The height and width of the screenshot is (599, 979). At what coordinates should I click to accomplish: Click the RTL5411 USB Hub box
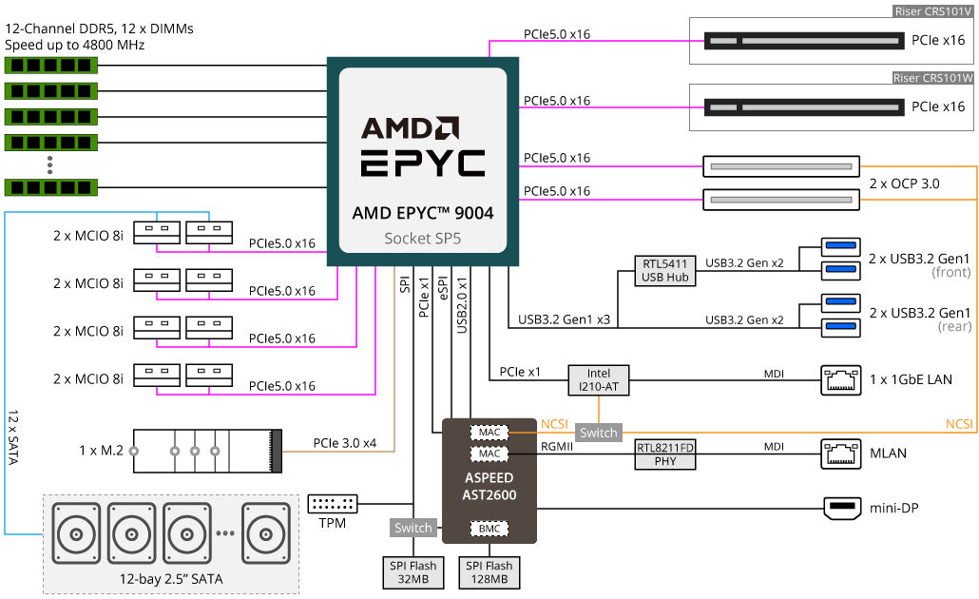[x=665, y=270]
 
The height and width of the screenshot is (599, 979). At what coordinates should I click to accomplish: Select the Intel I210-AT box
[x=599, y=380]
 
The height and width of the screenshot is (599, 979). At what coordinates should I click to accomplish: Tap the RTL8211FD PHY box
[x=665, y=454]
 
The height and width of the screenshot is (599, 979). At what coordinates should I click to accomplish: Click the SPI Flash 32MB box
[x=413, y=572]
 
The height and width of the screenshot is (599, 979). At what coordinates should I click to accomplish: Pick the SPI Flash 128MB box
[x=489, y=572]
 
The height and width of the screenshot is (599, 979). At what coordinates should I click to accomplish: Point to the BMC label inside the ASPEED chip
[x=489, y=528]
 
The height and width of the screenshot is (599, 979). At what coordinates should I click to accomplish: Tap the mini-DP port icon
[x=841, y=509]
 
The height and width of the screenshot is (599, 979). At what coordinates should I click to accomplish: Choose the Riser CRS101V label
[x=932, y=11]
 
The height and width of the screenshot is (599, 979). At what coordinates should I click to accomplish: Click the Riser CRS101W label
[x=932, y=78]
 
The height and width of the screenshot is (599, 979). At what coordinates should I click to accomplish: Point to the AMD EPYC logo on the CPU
[x=422, y=147]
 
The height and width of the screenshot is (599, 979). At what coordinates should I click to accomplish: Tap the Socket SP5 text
[x=422, y=239]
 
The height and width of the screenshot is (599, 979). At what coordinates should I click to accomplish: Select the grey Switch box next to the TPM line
[x=413, y=528]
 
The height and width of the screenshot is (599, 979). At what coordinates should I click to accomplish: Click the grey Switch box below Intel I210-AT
[x=599, y=433]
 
